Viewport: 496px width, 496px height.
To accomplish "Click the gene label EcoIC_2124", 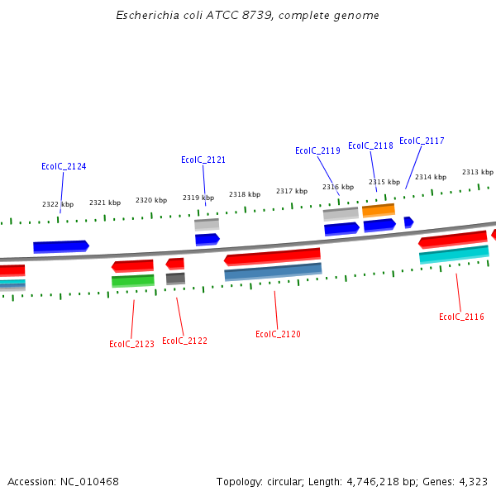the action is click(x=64, y=166).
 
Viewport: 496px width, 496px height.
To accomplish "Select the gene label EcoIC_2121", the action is click(x=203, y=160).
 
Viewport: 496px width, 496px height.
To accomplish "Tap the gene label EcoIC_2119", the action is click(x=317, y=150).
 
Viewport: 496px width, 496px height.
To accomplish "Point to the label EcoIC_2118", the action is click(x=370, y=145).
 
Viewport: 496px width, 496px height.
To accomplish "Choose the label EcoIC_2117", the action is click(x=422, y=141).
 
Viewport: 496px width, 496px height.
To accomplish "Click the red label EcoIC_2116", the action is click(x=461, y=317).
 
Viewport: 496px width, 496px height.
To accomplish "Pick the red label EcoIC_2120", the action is click(x=278, y=334).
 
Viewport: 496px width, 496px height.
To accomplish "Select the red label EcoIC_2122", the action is click(x=184, y=341).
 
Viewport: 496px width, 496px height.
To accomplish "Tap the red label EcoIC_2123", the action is click(x=131, y=344).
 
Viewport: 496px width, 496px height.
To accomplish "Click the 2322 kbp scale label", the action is click(x=58, y=204).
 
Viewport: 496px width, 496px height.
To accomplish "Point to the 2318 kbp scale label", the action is click(x=245, y=194).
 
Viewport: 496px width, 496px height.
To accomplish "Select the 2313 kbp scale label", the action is click(x=477, y=172).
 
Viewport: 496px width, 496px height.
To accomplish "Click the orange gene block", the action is click(x=379, y=210).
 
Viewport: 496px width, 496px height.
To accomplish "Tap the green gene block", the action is click(x=133, y=281).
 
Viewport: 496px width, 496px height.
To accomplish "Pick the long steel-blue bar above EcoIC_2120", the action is click(x=273, y=272).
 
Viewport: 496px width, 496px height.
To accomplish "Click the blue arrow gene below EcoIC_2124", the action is click(x=60, y=246).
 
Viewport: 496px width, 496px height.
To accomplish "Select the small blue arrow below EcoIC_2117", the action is click(x=408, y=222).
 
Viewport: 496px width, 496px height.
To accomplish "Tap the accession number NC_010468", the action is click(x=88, y=481).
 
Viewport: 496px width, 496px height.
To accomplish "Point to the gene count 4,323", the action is click(x=472, y=481).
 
